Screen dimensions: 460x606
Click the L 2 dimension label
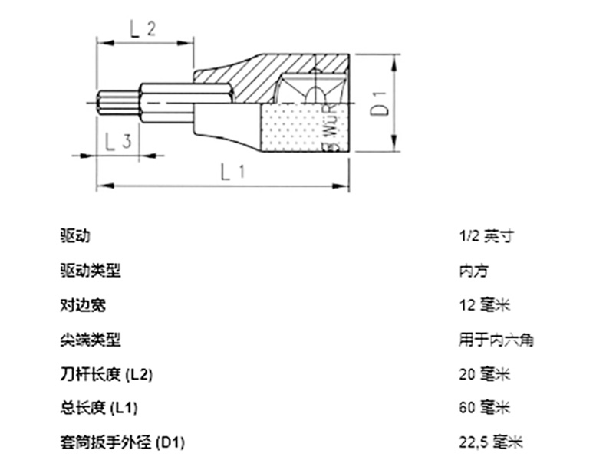[143, 30]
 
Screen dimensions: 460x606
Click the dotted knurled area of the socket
[295, 127]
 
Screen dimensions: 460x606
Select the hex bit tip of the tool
[115, 101]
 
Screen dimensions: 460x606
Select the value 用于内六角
[493, 339]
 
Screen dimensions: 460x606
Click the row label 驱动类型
[90, 271]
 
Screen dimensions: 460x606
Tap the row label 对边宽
[82, 304]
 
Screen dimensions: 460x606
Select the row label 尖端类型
[90, 339]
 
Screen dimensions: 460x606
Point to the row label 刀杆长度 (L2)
[106, 373]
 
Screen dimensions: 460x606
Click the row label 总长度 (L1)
[98, 407]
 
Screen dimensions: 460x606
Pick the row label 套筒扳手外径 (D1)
[122, 442]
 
